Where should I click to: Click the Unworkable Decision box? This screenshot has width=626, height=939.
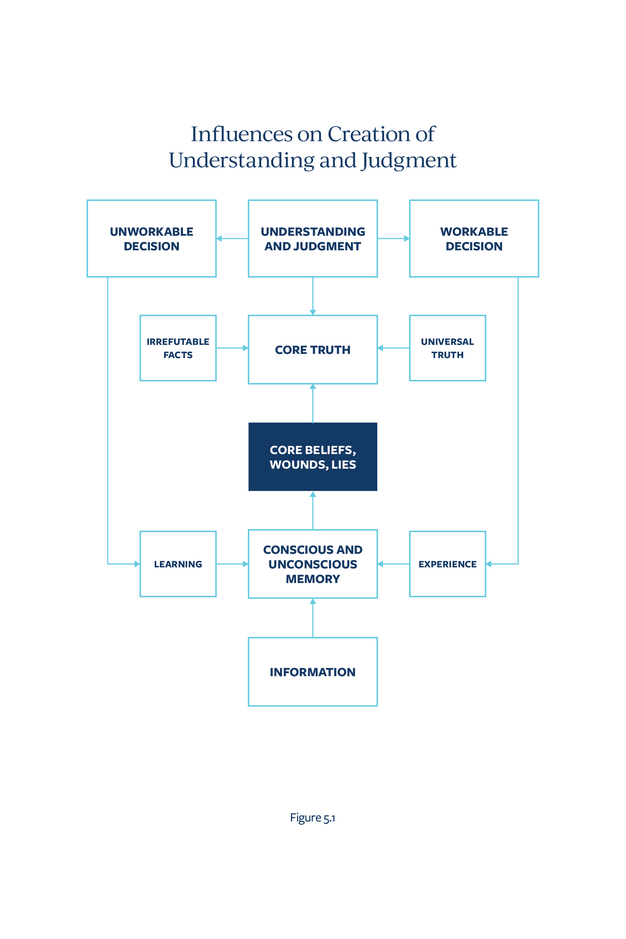tap(152, 238)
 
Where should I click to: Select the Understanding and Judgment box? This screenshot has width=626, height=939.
tap(312, 238)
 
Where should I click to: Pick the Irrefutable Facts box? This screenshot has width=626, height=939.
tap(178, 348)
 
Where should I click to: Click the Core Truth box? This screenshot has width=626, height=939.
tap(312, 349)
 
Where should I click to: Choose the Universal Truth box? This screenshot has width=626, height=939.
tap(448, 348)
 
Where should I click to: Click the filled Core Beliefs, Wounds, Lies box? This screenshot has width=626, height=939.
tap(312, 457)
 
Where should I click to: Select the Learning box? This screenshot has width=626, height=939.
tap(178, 564)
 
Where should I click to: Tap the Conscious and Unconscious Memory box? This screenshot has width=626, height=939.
tap(312, 564)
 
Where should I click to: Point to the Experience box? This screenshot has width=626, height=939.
tap(448, 564)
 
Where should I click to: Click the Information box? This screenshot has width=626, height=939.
tap(312, 672)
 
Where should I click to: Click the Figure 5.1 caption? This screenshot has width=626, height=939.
tap(312, 818)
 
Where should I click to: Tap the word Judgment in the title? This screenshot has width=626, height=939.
tap(409, 161)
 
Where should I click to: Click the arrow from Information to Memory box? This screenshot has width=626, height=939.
tap(313, 618)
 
